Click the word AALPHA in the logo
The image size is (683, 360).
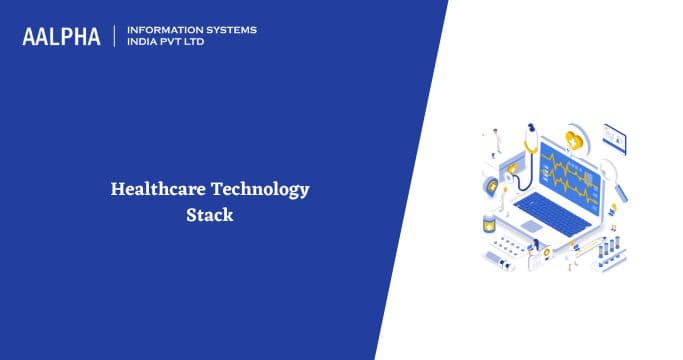(61, 37)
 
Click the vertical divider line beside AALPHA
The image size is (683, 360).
(114, 36)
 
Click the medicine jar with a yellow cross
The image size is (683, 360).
(489, 222)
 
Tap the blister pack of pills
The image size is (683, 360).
(510, 246)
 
